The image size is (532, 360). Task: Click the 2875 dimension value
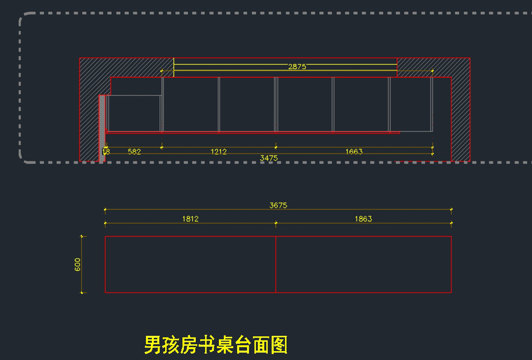click(297, 67)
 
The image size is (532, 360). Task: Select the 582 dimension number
click(134, 152)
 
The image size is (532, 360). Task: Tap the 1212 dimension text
click(219, 152)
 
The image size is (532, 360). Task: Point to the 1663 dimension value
click(354, 152)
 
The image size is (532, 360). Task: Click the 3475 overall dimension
click(269, 158)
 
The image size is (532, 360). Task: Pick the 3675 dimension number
click(278, 205)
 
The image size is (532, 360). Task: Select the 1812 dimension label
click(190, 219)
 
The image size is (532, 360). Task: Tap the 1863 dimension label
click(363, 219)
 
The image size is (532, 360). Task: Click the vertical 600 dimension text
click(78, 264)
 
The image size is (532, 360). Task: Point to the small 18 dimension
click(106, 152)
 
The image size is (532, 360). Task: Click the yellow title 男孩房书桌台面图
click(216, 344)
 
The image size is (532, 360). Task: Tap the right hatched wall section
click(461, 115)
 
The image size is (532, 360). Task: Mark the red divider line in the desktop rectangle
click(276, 264)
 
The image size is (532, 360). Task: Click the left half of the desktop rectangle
click(190, 264)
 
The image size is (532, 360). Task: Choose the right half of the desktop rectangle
click(364, 264)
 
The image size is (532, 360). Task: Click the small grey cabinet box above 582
click(134, 113)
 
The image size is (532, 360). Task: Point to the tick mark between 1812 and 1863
click(276, 223)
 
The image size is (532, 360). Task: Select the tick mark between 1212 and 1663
click(276, 147)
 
